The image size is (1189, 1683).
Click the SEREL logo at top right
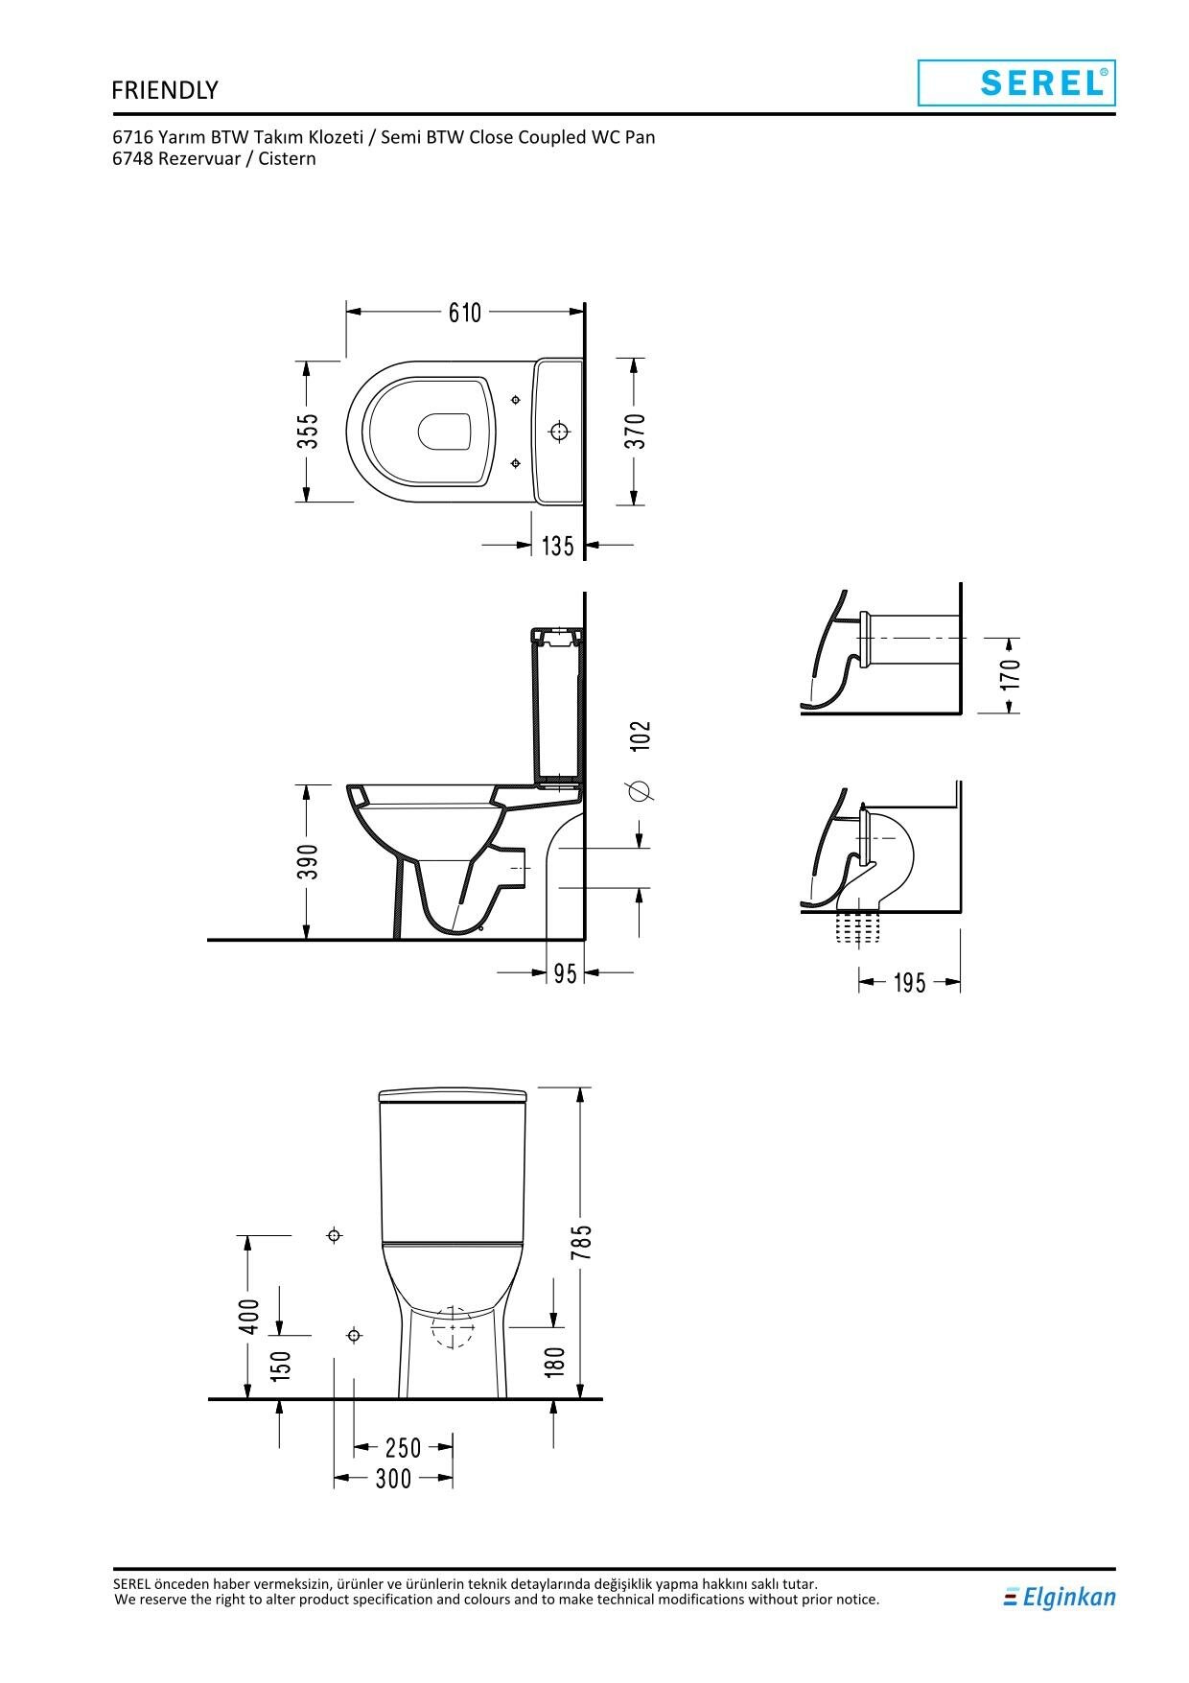(1016, 82)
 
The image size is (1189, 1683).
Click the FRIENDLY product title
(165, 90)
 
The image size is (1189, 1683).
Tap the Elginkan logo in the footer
(1060, 1597)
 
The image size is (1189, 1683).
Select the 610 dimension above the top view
(465, 313)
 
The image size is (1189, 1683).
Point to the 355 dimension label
(307, 432)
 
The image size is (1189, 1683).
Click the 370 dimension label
(636, 432)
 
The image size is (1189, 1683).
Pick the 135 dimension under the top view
(558, 546)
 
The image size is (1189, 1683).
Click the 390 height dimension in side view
(307, 861)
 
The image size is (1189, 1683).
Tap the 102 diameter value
(641, 736)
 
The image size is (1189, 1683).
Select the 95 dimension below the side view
(566, 973)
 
